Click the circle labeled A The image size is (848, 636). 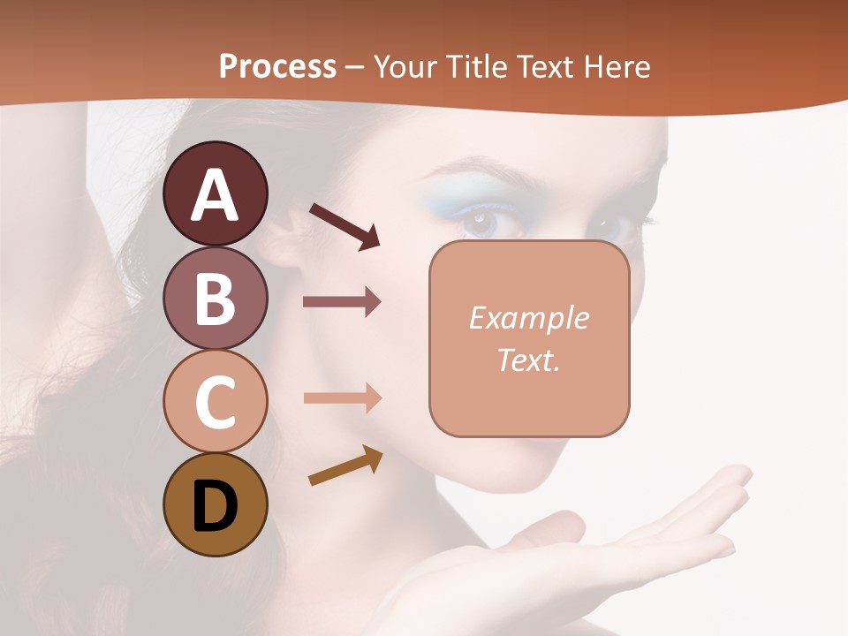coord(215,193)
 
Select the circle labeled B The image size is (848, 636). coord(215,298)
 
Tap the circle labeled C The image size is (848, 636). coord(215,402)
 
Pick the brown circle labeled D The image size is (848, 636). coord(215,505)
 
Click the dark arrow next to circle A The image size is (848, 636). coord(344,226)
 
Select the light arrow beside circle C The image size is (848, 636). coord(342,398)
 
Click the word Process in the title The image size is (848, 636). coord(277,66)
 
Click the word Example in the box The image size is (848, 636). coord(528,318)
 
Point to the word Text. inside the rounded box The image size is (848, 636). coord(528,360)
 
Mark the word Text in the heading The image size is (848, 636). coord(545,66)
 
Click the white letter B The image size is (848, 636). coord(215,299)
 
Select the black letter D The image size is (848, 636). coord(215,506)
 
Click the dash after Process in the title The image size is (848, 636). coord(355,67)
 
